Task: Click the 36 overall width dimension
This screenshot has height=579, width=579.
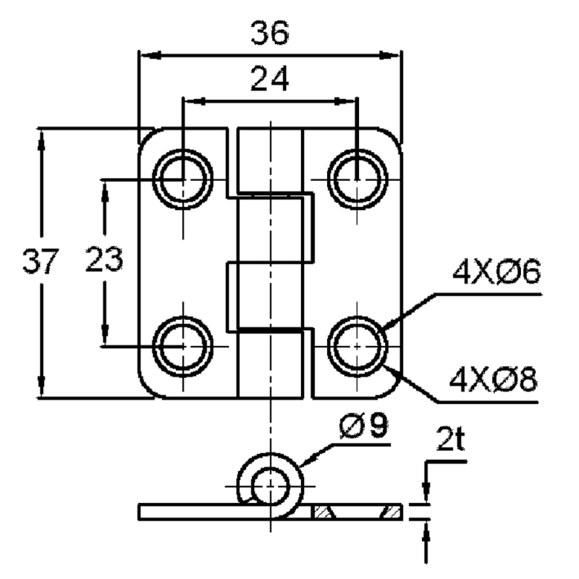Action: [269, 33]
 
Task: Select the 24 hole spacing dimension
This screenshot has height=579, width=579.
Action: [269, 78]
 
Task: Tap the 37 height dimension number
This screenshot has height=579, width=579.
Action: [41, 261]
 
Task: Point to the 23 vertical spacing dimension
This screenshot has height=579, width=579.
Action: [103, 259]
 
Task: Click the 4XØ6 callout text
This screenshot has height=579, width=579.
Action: [496, 271]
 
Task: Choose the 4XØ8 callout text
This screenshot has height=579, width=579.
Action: [493, 379]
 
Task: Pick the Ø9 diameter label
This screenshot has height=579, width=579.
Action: [363, 426]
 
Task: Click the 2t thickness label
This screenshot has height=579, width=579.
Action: [449, 439]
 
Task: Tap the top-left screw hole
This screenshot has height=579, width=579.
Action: [183, 179]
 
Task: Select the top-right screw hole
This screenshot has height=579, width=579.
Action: [357, 179]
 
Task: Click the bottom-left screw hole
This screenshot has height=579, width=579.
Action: [183, 347]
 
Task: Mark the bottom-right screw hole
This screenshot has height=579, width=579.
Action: [357, 347]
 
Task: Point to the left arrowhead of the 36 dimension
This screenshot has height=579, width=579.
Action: [151, 56]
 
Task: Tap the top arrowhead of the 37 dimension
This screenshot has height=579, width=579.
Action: [41, 140]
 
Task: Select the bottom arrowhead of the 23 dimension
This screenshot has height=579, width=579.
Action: [105, 334]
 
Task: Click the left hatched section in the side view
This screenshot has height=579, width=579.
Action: [322, 512]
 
